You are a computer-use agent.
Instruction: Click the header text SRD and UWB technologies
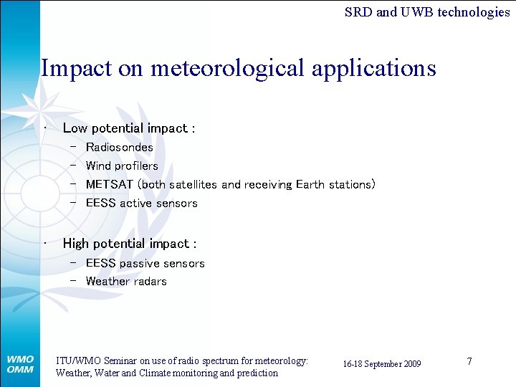click(427, 11)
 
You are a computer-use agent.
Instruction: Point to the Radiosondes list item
click(119, 147)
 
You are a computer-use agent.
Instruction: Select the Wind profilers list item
click(122, 166)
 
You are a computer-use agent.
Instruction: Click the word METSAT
click(110, 184)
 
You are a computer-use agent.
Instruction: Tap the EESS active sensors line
click(141, 203)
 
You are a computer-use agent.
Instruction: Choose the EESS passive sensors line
click(145, 263)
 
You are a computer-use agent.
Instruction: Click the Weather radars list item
click(126, 281)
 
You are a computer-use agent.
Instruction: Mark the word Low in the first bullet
click(75, 128)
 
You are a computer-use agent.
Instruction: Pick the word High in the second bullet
click(76, 244)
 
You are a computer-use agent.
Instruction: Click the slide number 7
click(469, 361)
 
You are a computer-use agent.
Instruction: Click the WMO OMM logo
click(20, 364)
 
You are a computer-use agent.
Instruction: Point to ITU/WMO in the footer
click(77, 361)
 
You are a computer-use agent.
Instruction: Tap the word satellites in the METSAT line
click(193, 184)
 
